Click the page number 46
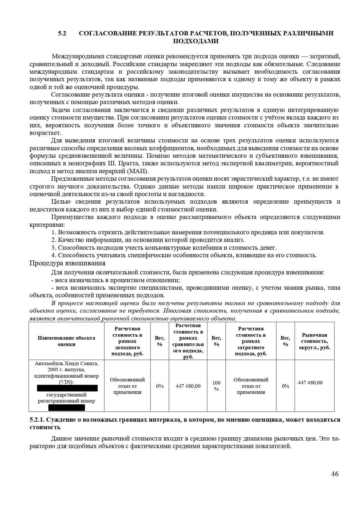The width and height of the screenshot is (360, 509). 335,474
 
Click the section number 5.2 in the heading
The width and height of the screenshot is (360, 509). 62,33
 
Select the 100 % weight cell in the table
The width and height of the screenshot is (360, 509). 216,386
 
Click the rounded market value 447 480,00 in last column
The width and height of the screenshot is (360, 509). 310,383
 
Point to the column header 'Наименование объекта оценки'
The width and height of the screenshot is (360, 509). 66,341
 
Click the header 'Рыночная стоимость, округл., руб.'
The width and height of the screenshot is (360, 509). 314,341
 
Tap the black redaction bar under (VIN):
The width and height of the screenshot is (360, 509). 67,388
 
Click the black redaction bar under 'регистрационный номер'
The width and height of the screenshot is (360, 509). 67,407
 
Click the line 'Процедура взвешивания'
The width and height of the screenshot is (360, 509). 67,263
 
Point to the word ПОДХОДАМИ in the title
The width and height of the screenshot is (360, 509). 196,41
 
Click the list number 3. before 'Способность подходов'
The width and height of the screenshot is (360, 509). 54,248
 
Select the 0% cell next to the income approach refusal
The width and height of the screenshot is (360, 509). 160,386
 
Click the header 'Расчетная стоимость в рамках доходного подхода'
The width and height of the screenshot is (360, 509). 127,341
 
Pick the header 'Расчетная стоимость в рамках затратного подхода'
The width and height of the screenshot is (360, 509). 251,341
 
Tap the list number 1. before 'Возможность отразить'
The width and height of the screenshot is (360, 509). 54,232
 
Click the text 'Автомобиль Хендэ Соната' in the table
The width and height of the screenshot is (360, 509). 66,363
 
